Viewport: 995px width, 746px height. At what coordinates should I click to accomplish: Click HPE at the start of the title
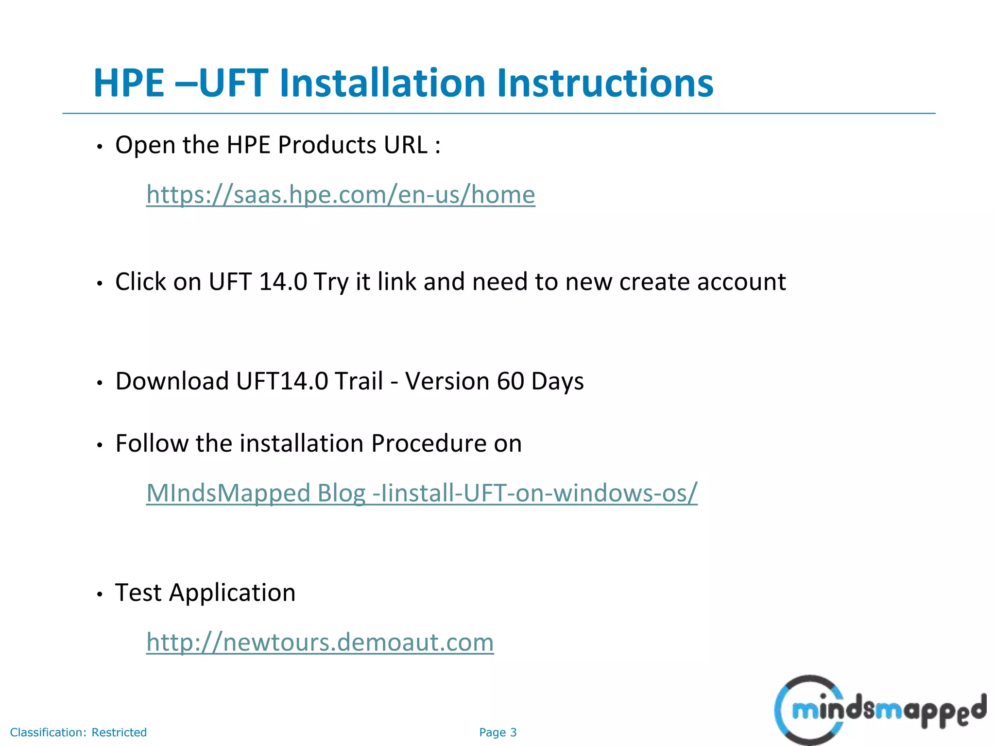point(129,83)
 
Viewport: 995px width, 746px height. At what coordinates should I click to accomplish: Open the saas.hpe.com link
point(341,195)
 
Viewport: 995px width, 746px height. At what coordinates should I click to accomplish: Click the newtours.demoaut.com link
point(320,642)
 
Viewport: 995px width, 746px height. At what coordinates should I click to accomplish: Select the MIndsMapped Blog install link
point(422,493)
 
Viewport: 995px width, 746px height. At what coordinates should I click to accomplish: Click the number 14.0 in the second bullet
point(283,282)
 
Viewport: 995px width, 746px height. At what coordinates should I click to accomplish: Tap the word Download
point(172,381)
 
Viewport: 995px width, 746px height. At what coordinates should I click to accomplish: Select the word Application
point(232,593)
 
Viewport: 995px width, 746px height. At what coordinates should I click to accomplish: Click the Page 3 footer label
point(497,732)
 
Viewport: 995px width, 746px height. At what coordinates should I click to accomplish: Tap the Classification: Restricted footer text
point(78,732)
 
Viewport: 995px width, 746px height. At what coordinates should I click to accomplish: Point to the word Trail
point(359,381)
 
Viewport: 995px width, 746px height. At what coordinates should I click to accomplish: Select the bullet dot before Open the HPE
point(100,147)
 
